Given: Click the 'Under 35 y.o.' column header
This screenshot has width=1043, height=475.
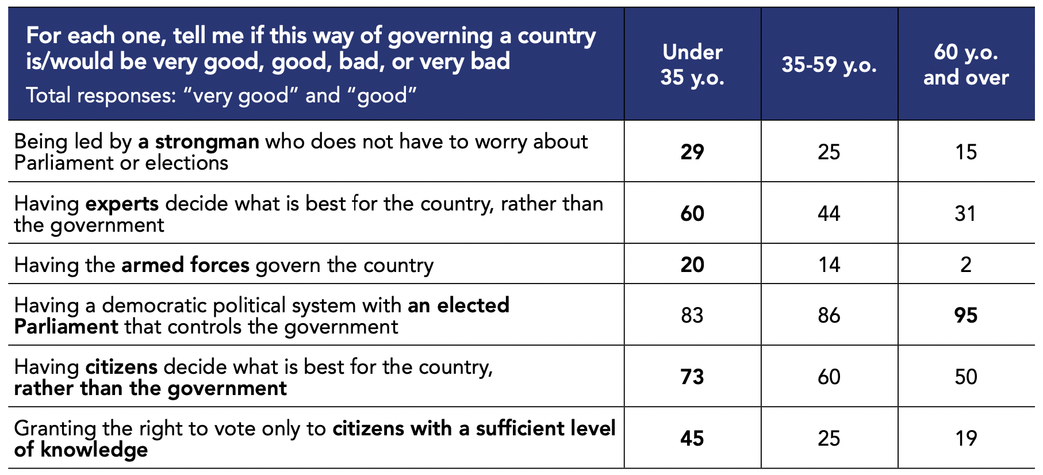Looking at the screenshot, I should click(692, 64).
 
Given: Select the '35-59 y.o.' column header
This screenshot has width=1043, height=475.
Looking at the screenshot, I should click(829, 64).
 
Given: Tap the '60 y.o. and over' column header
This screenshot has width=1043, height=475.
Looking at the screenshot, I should click(966, 64).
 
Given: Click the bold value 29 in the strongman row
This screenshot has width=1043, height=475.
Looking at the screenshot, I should click(692, 152).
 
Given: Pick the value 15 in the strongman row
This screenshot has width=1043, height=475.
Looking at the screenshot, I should click(966, 152).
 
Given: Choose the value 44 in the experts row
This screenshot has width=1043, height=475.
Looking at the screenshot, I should click(829, 213).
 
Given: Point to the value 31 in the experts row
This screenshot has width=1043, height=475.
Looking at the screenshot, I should click(966, 213).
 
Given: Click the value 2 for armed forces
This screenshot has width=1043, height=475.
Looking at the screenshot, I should click(966, 265).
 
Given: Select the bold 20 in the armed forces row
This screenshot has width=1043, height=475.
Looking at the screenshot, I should click(692, 265).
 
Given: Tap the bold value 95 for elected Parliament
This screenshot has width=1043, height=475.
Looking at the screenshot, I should click(966, 315).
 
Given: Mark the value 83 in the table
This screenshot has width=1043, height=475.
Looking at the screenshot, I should click(692, 315).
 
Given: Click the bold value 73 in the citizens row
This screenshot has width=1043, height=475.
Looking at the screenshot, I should click(692, 377).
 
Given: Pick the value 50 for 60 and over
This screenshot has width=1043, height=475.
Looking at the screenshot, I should click(966, 377).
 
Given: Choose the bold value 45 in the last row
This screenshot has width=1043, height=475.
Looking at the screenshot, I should click(692, 438).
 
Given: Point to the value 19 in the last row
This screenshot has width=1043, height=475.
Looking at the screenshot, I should click(966, 438).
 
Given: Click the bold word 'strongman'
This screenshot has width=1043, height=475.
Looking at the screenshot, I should click(207, 142).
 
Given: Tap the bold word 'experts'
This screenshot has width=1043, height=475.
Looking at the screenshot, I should click(122, 204).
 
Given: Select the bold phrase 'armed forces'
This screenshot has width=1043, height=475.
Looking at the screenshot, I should click(185, 265).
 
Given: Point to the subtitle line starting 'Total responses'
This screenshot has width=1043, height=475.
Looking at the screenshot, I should click(221, 95).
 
